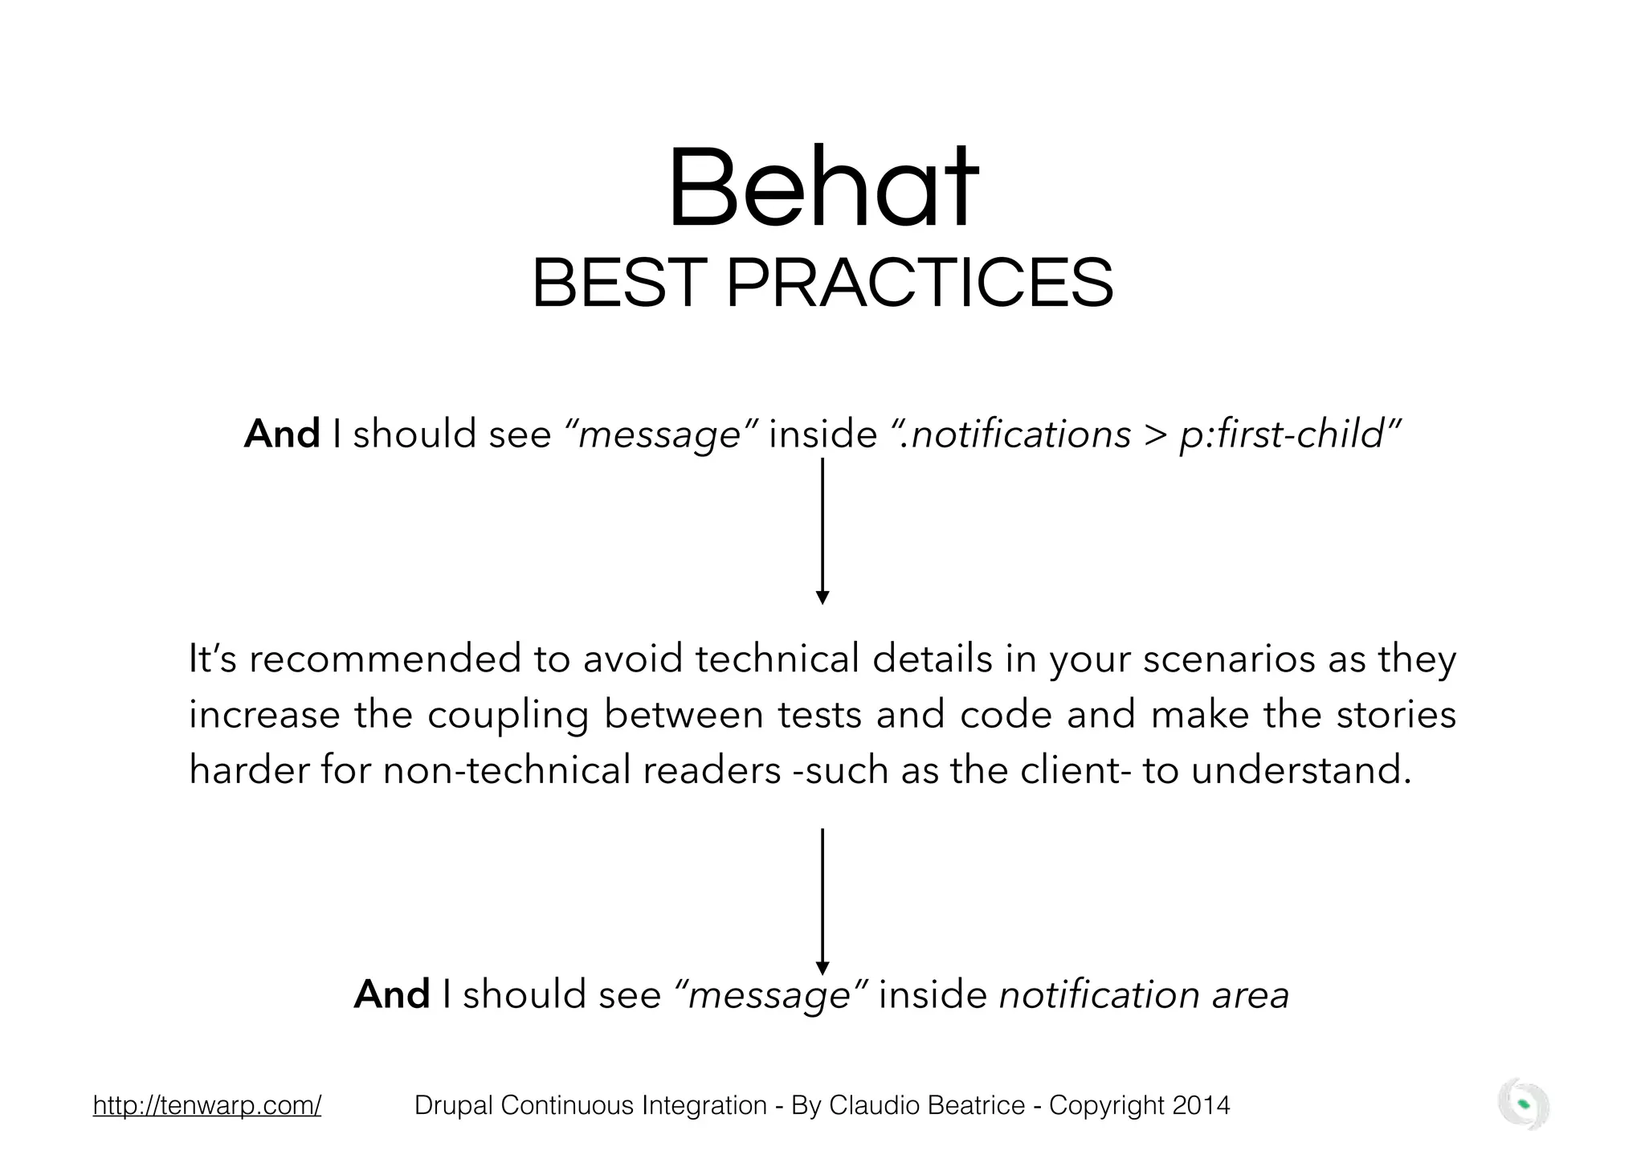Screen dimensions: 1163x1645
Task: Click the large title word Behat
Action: [822, 189]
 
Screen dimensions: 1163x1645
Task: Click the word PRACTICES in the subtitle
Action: [919, 284]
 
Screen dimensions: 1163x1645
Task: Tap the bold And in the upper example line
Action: [282, 435]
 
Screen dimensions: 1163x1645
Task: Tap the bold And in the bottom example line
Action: [392, 994]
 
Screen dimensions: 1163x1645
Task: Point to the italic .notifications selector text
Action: [1015, 435]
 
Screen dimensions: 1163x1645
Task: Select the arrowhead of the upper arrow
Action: [822, 597]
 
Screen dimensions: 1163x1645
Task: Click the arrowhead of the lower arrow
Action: [822, 968]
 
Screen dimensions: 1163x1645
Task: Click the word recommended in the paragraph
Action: [386, 659]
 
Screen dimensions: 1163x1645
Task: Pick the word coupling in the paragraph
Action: [508, 716]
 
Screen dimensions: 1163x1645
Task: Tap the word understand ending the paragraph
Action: [1300, 771]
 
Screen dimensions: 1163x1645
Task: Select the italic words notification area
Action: [1144, 994]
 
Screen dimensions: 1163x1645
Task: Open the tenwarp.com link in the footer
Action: [207, 1105]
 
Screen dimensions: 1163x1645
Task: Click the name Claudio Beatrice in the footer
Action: [927, 1105]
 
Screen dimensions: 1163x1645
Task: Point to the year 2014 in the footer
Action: [1200, 1105]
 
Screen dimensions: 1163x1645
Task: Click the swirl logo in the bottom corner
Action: [1523, 1104]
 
